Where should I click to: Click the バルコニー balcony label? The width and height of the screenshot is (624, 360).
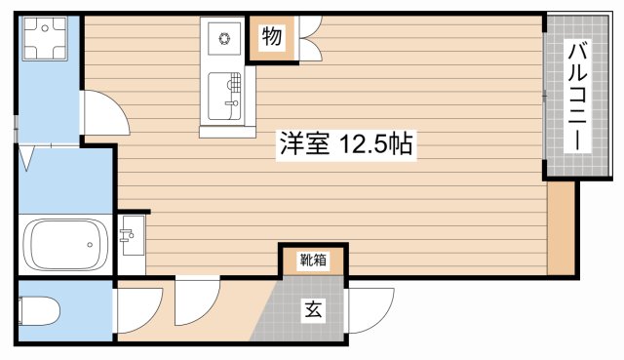578,96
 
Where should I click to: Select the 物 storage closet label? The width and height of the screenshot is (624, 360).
272,38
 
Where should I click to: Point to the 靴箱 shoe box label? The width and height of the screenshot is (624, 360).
313,260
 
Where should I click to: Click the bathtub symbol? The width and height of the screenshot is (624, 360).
65,245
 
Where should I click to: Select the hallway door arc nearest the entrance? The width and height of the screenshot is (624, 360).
198,301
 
